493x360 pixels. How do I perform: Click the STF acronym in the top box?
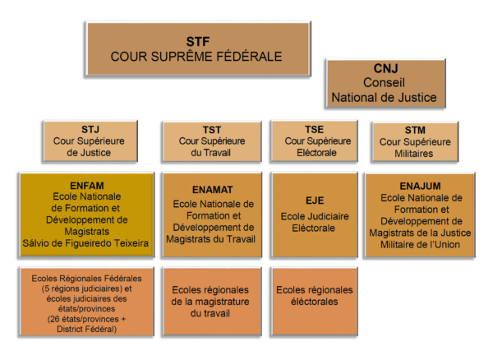pyautogui.click(x=198, y=41)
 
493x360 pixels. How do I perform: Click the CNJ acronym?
pyautogui.click(x=386, y=68)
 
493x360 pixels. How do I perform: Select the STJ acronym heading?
pyautogui.click(x=90, y=129)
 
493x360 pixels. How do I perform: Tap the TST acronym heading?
pyautogui.click(x=212, y=130)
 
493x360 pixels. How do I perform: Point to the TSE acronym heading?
pyautogui.click(x=314, y=129)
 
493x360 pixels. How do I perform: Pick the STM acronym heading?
pyautogui.click(x=415, y=130)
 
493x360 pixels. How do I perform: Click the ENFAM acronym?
pyautogui.click(x=87, y=186)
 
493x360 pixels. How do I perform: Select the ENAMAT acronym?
pyautogui.click(x=213, y=190)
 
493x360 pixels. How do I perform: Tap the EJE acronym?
pyautogui.click(x=315, y=201)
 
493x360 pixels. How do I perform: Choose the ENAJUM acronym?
pyautogui.click(x=420, y=186)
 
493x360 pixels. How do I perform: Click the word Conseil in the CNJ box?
pyautogui.click(x=384, y=83)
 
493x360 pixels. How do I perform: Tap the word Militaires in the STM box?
pyautogui.click(x=414, y=154)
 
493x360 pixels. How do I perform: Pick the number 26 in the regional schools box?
pyautogui.click(x=54, y=319)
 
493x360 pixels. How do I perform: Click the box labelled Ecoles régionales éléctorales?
pyautogui.click(x=314, y=302)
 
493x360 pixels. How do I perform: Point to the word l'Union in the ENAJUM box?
pyautogui.click(x=446, y=244)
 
